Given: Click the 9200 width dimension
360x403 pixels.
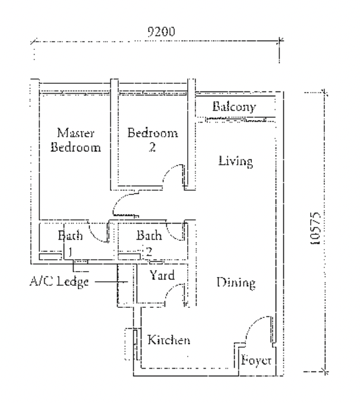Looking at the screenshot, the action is click(162, 32).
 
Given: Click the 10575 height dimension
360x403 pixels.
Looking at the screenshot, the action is click(315, 228).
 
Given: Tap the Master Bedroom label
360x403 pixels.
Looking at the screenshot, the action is click(75, 140).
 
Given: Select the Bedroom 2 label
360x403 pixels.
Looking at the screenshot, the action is click(153, 140).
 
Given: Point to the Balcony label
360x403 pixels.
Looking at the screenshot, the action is click(234, 106).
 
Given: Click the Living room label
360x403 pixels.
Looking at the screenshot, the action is click(236, 162).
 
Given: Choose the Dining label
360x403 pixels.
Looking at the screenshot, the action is click(236, 283).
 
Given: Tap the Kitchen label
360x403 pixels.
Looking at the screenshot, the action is click(169, 340).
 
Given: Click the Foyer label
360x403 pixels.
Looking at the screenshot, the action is click(256, 360).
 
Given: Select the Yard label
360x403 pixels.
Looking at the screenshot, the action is click(162, 275).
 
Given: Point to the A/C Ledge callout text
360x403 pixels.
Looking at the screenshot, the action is click(59, 281).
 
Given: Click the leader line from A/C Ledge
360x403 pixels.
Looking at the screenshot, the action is click(111, 282).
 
